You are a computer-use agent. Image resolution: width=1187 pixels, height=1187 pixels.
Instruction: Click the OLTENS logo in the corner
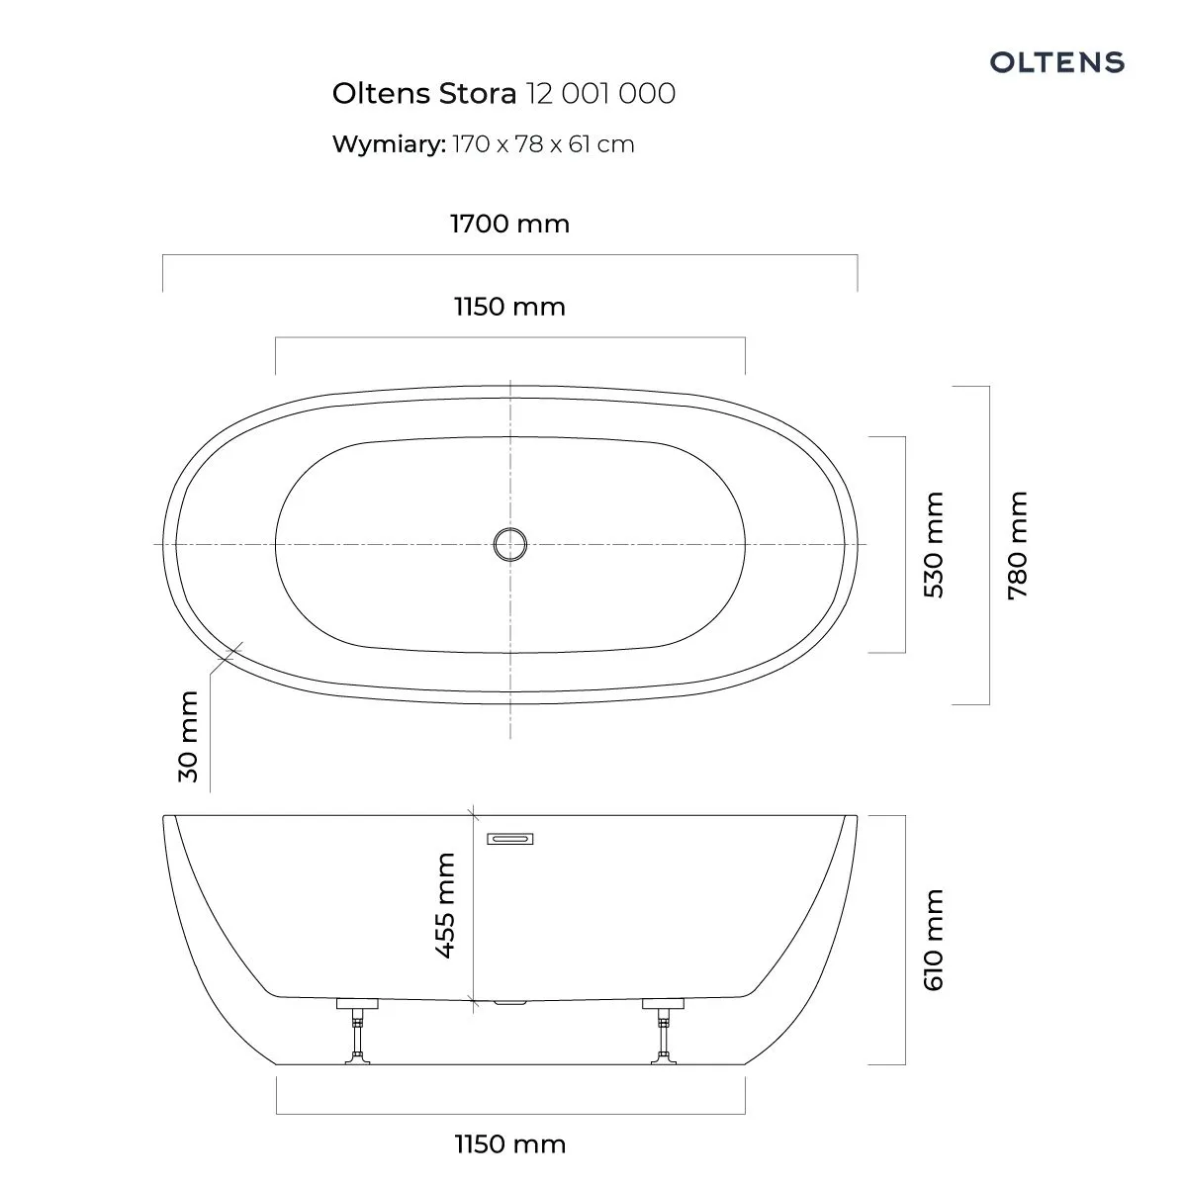tap(1057, 62)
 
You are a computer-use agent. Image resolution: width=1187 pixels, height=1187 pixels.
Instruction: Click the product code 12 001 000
tap(600, 94)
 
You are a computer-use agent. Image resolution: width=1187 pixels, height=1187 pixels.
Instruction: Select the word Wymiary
tap(389, 144)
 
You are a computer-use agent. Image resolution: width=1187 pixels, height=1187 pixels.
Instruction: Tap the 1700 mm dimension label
tap(510, 224)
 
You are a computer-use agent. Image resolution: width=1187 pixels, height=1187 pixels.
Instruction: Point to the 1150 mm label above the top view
tap(510, 307)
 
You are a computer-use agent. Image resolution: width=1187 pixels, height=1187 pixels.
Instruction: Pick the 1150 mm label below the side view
tap(510, 1144)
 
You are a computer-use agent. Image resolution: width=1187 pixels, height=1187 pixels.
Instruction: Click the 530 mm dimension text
tap(934, 544)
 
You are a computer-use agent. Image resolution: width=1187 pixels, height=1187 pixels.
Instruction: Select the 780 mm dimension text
tap(1018, 545)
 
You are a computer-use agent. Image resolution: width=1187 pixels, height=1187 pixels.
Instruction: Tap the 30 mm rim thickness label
tap(189, 737)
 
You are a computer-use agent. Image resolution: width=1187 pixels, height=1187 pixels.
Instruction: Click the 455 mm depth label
tap(445, 905)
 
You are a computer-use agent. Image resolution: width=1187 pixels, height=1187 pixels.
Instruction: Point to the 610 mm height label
tap(934, 940)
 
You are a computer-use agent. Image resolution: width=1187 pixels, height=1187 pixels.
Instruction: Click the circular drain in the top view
tap(510, 544)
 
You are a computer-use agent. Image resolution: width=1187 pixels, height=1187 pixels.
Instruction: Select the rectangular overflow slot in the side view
tap(510, 839)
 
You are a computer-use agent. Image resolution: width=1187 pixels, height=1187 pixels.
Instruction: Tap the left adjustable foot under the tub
tap(357, 1033)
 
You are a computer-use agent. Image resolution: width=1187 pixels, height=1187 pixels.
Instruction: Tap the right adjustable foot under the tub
tap(664, 1033)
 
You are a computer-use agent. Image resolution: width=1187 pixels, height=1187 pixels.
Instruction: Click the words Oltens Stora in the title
tap(424, 94)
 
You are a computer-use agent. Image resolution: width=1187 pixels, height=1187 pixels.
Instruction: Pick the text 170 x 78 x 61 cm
tap(543, 144)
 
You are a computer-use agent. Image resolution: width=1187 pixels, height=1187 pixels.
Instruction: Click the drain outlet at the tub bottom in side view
tap(510, 1002)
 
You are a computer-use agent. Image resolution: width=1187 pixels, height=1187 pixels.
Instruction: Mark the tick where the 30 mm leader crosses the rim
tap(232, 652)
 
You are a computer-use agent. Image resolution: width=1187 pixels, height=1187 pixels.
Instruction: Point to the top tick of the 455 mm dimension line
tap(473, 815)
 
